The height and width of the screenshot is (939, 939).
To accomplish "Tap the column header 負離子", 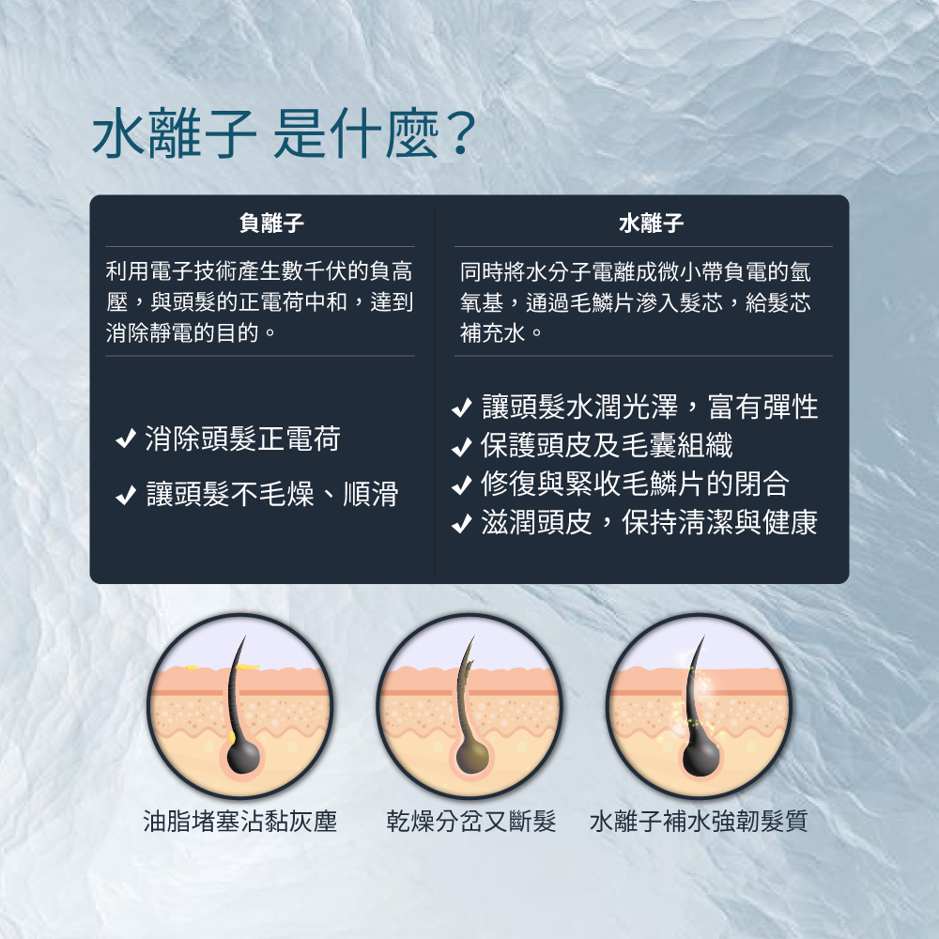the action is [x=271, y=223].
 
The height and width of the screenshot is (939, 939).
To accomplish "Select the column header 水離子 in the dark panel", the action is [x=651, y=223].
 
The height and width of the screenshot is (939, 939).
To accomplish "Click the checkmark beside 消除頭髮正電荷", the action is [x=126, y=439].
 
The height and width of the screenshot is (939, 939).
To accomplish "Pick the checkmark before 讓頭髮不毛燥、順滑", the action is [x=126, y=495].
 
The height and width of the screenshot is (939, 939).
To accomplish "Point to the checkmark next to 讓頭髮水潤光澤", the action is [x=462, y=408].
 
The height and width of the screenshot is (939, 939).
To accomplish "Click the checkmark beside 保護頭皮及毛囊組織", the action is [x=462, y=446].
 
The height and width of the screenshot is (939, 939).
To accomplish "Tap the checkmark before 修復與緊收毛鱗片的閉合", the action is [x=462, y=485].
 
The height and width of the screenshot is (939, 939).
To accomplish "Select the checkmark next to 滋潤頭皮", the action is [x=462, y=523].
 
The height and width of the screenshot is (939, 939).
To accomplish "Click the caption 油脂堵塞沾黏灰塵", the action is [x=240, y=821].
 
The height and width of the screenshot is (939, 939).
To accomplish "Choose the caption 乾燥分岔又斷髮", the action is [x=471, y=821].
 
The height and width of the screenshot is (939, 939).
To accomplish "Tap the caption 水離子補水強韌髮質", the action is [x=699, y=821].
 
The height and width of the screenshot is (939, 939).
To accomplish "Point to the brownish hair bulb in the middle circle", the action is [x=472, y=756].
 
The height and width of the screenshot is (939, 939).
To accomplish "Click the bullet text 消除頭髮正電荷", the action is [x=242, y=439].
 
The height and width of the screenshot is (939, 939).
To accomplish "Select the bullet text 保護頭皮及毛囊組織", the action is [x=607, y=445].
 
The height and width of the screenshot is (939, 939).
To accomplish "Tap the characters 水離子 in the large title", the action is [x=175, y=134].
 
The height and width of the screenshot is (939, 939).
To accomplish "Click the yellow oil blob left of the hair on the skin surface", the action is [x=192, y=667].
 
